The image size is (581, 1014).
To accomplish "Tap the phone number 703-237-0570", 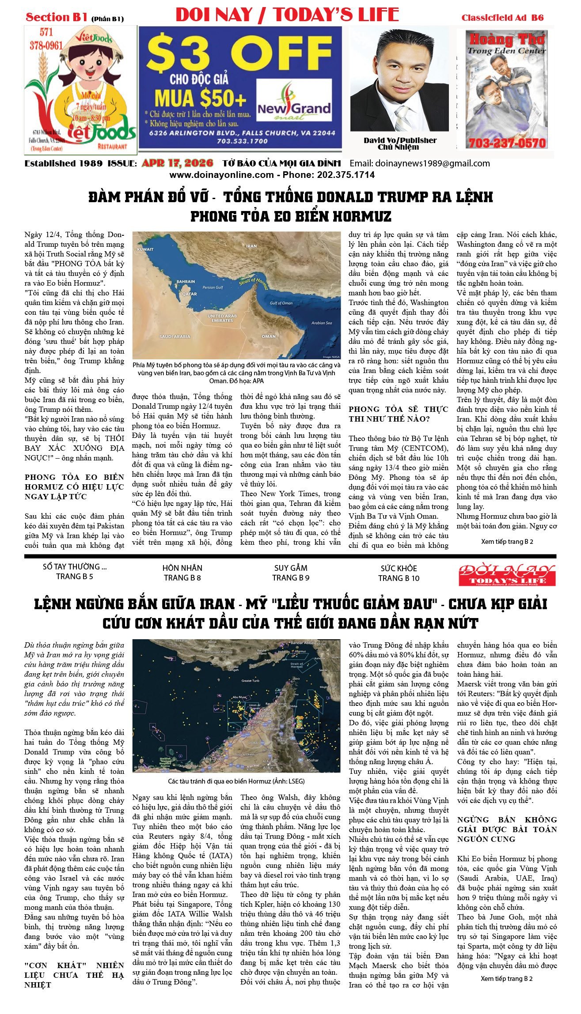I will coord(507,143).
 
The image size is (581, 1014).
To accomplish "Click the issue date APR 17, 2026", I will coord(177,163).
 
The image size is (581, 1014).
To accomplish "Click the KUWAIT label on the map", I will coord(145,249).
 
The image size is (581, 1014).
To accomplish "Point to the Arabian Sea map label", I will coord(321,323).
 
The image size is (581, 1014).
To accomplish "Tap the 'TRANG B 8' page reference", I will coord(182,578).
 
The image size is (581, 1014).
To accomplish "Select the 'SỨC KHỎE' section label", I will coord(399,568).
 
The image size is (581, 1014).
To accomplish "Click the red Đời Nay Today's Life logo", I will coord(507,574).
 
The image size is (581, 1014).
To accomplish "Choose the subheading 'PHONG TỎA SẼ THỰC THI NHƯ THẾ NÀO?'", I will coord(398,414).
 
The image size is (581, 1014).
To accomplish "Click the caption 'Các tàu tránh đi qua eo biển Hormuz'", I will coord(236,781).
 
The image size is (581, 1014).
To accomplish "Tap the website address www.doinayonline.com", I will coord(221,175).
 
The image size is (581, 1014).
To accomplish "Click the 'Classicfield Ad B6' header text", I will coord(502,18).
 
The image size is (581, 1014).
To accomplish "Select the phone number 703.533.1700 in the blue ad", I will coord(242,141).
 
